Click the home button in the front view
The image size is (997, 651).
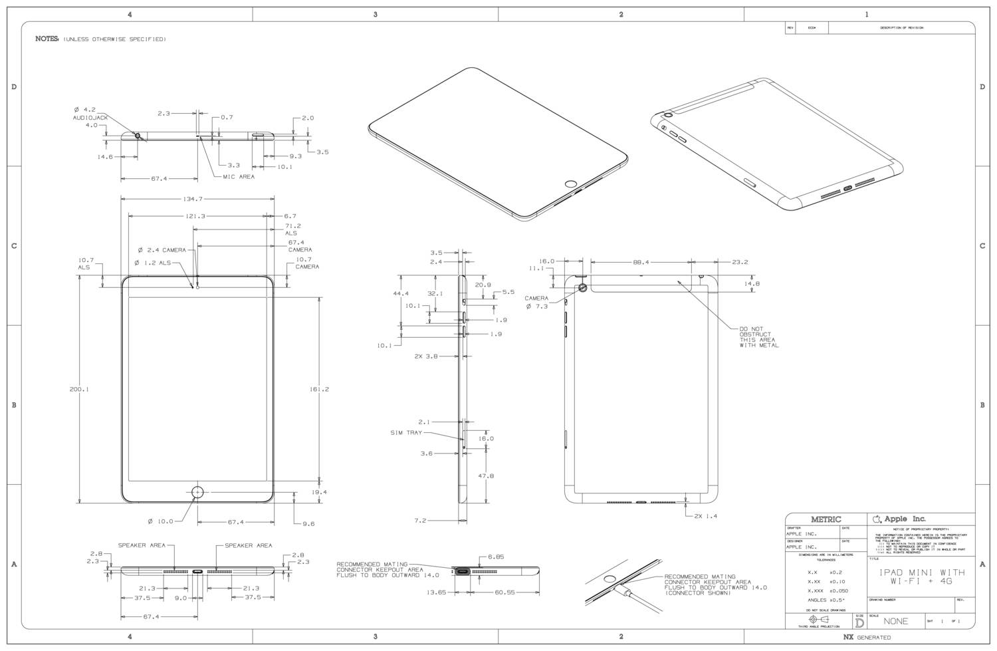[197, 492]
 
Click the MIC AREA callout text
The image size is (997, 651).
[234, 177]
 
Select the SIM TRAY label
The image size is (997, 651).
[406, 433]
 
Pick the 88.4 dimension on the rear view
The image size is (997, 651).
[641, 262]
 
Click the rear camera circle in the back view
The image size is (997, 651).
[583, 287]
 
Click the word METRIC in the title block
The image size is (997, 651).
[826, 519]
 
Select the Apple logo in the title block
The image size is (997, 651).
[877, 519]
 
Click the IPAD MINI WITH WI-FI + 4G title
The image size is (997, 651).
[922, 577]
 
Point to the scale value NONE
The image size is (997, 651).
[895, 621]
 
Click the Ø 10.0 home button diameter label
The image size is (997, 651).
[160, 521]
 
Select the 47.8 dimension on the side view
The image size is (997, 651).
[486, 476]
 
